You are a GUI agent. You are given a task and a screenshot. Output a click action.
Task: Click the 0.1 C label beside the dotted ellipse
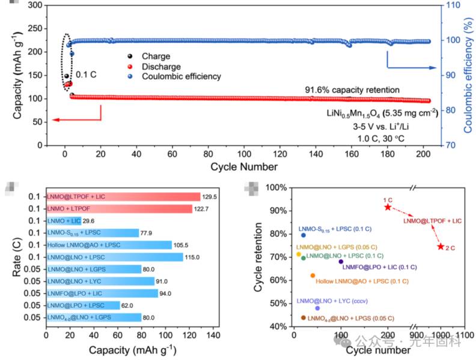pos(86,75)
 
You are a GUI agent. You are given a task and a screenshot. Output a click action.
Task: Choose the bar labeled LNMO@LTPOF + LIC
pos(123,197)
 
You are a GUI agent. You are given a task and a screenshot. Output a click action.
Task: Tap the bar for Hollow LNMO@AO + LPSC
pos(109,245)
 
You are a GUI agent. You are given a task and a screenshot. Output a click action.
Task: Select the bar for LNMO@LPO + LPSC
pos(83,305)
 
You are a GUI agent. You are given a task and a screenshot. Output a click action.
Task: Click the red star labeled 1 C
pos(388,207)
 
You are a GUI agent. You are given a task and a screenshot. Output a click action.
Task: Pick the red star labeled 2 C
pos(441,247)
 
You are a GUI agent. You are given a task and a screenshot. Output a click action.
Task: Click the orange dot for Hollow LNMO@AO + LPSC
pos(313,275)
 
